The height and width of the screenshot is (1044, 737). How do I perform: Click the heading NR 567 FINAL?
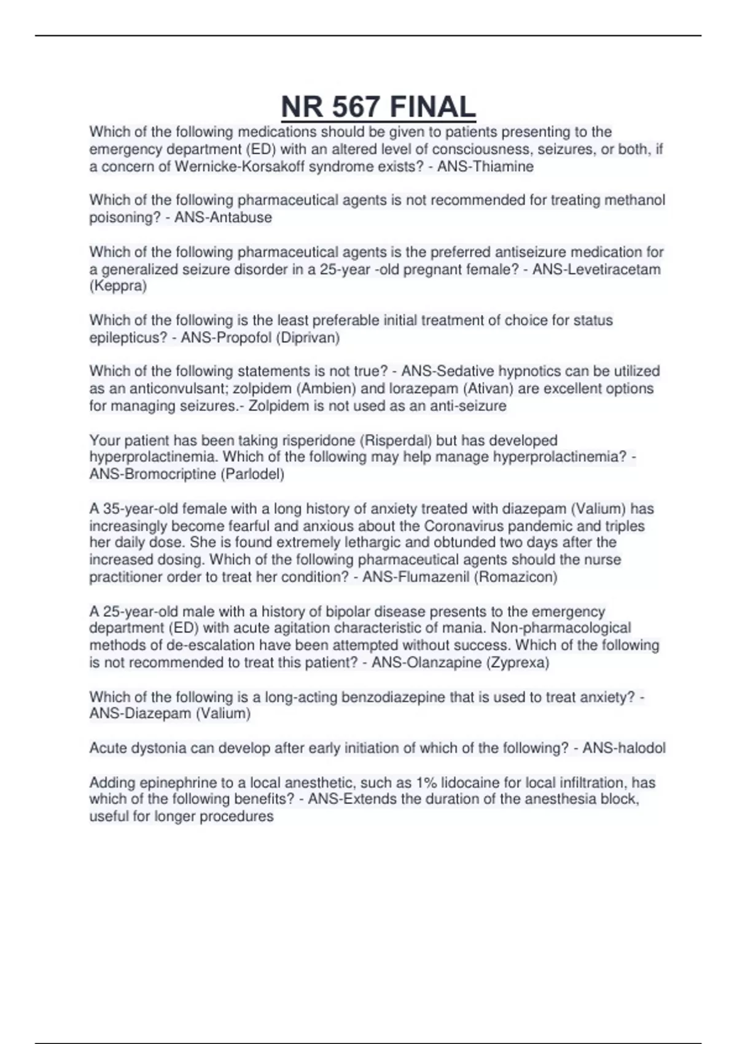pyautogui.click(x=378, y=107)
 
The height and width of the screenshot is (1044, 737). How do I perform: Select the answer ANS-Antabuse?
pyautogui.click(x=223, y=217)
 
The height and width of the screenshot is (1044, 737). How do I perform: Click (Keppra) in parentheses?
pyautogui.click(x=118, y=286)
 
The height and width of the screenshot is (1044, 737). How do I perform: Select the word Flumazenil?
pyautogui.click(x=434, y=577)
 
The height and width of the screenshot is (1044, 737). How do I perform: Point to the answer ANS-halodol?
pyautogui.click(x=623, y=748)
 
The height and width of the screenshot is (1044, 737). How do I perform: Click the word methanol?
pyautogui.click(x=636, y=200)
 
